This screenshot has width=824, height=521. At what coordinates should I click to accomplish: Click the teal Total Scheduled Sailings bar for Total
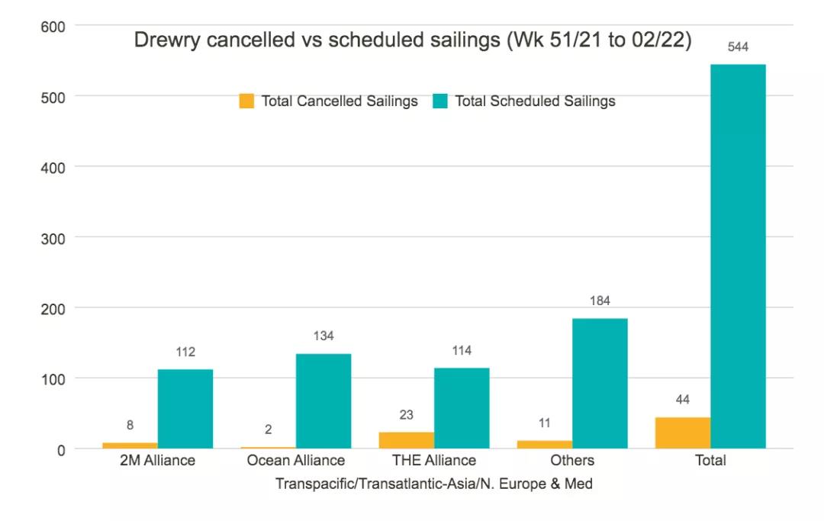738,256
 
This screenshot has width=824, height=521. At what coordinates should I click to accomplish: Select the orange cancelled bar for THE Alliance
407,440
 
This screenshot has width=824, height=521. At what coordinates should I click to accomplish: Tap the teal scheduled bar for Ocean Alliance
323,401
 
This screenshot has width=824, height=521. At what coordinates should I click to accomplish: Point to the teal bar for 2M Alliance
185,409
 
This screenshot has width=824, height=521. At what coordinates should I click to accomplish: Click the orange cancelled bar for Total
682,433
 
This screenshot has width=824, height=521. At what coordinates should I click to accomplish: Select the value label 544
738,47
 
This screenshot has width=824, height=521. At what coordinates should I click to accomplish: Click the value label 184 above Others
600,301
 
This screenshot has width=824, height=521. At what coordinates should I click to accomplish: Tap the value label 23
407,416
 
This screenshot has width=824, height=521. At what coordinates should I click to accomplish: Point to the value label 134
323,336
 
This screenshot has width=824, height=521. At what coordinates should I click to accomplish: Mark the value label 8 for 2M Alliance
130,426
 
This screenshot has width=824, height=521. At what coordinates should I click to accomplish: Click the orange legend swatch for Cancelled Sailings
246,101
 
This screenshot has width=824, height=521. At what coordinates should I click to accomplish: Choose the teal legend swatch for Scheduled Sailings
440,101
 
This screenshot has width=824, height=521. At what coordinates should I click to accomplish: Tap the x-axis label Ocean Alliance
296,461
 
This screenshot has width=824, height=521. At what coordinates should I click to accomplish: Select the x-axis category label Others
572,461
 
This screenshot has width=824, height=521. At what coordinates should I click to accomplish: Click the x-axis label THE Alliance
434,461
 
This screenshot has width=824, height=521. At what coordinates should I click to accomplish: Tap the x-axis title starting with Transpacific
434,484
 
